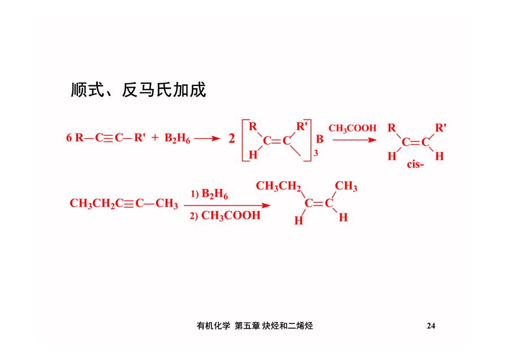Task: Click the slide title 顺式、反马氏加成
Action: [x=139, y=89]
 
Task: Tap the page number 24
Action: [x=431, y=325]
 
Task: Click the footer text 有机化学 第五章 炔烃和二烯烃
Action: [x=255, y=325]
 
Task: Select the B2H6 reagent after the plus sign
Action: [x=177, y=138]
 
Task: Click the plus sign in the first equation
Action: [x=155, y=138]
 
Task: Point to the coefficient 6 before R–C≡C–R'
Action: [x=69, y=138]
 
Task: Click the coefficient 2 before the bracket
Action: [x=231, y=139]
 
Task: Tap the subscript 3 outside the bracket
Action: [x=316, y=153]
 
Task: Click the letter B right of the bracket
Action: [x=320, y=139]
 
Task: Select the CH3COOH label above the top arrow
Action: [x=352, y=128]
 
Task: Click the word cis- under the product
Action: [x=416, y=164]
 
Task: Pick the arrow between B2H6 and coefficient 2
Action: [x=207, y=139]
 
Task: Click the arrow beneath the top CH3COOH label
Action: [x=355, y=140]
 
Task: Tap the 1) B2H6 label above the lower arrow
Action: [x=209, y=194]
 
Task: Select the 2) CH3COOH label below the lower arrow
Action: [x=225, y=216]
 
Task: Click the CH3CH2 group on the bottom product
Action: [x=278, y=186]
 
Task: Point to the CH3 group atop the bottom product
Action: [x=346, y=186]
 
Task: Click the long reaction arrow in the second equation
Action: [x=227, y=205]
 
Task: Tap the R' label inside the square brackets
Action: [x=302, y=127]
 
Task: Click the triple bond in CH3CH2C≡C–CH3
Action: [x=128, y=204]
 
